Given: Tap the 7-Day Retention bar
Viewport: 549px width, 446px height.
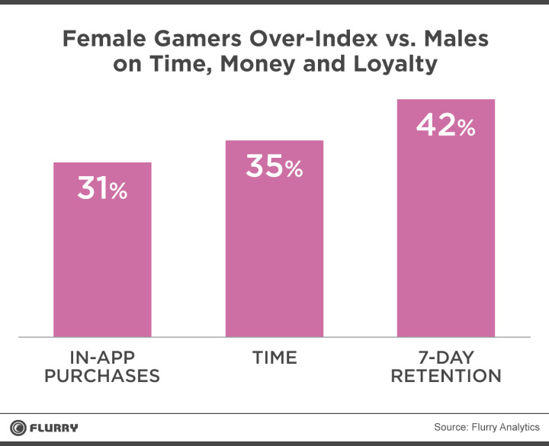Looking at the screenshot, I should click(446, 229).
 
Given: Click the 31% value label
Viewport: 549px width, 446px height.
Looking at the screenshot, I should click(102, 189).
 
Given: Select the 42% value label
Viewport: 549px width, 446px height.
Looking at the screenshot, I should click(446, 126).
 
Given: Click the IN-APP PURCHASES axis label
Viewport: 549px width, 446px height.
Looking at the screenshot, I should click(102, 366).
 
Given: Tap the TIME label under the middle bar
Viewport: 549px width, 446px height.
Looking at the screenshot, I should click(274, 357).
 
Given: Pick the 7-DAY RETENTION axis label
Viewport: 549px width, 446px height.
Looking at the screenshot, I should click(446, 366).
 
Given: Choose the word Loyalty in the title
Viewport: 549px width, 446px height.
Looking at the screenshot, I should click(393, 64).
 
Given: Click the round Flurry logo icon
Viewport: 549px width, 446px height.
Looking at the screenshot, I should click(18, 427).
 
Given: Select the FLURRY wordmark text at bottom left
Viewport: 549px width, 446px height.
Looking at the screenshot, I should click(53, 427).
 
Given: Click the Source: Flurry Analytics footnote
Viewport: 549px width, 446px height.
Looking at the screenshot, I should click(486, 427).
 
